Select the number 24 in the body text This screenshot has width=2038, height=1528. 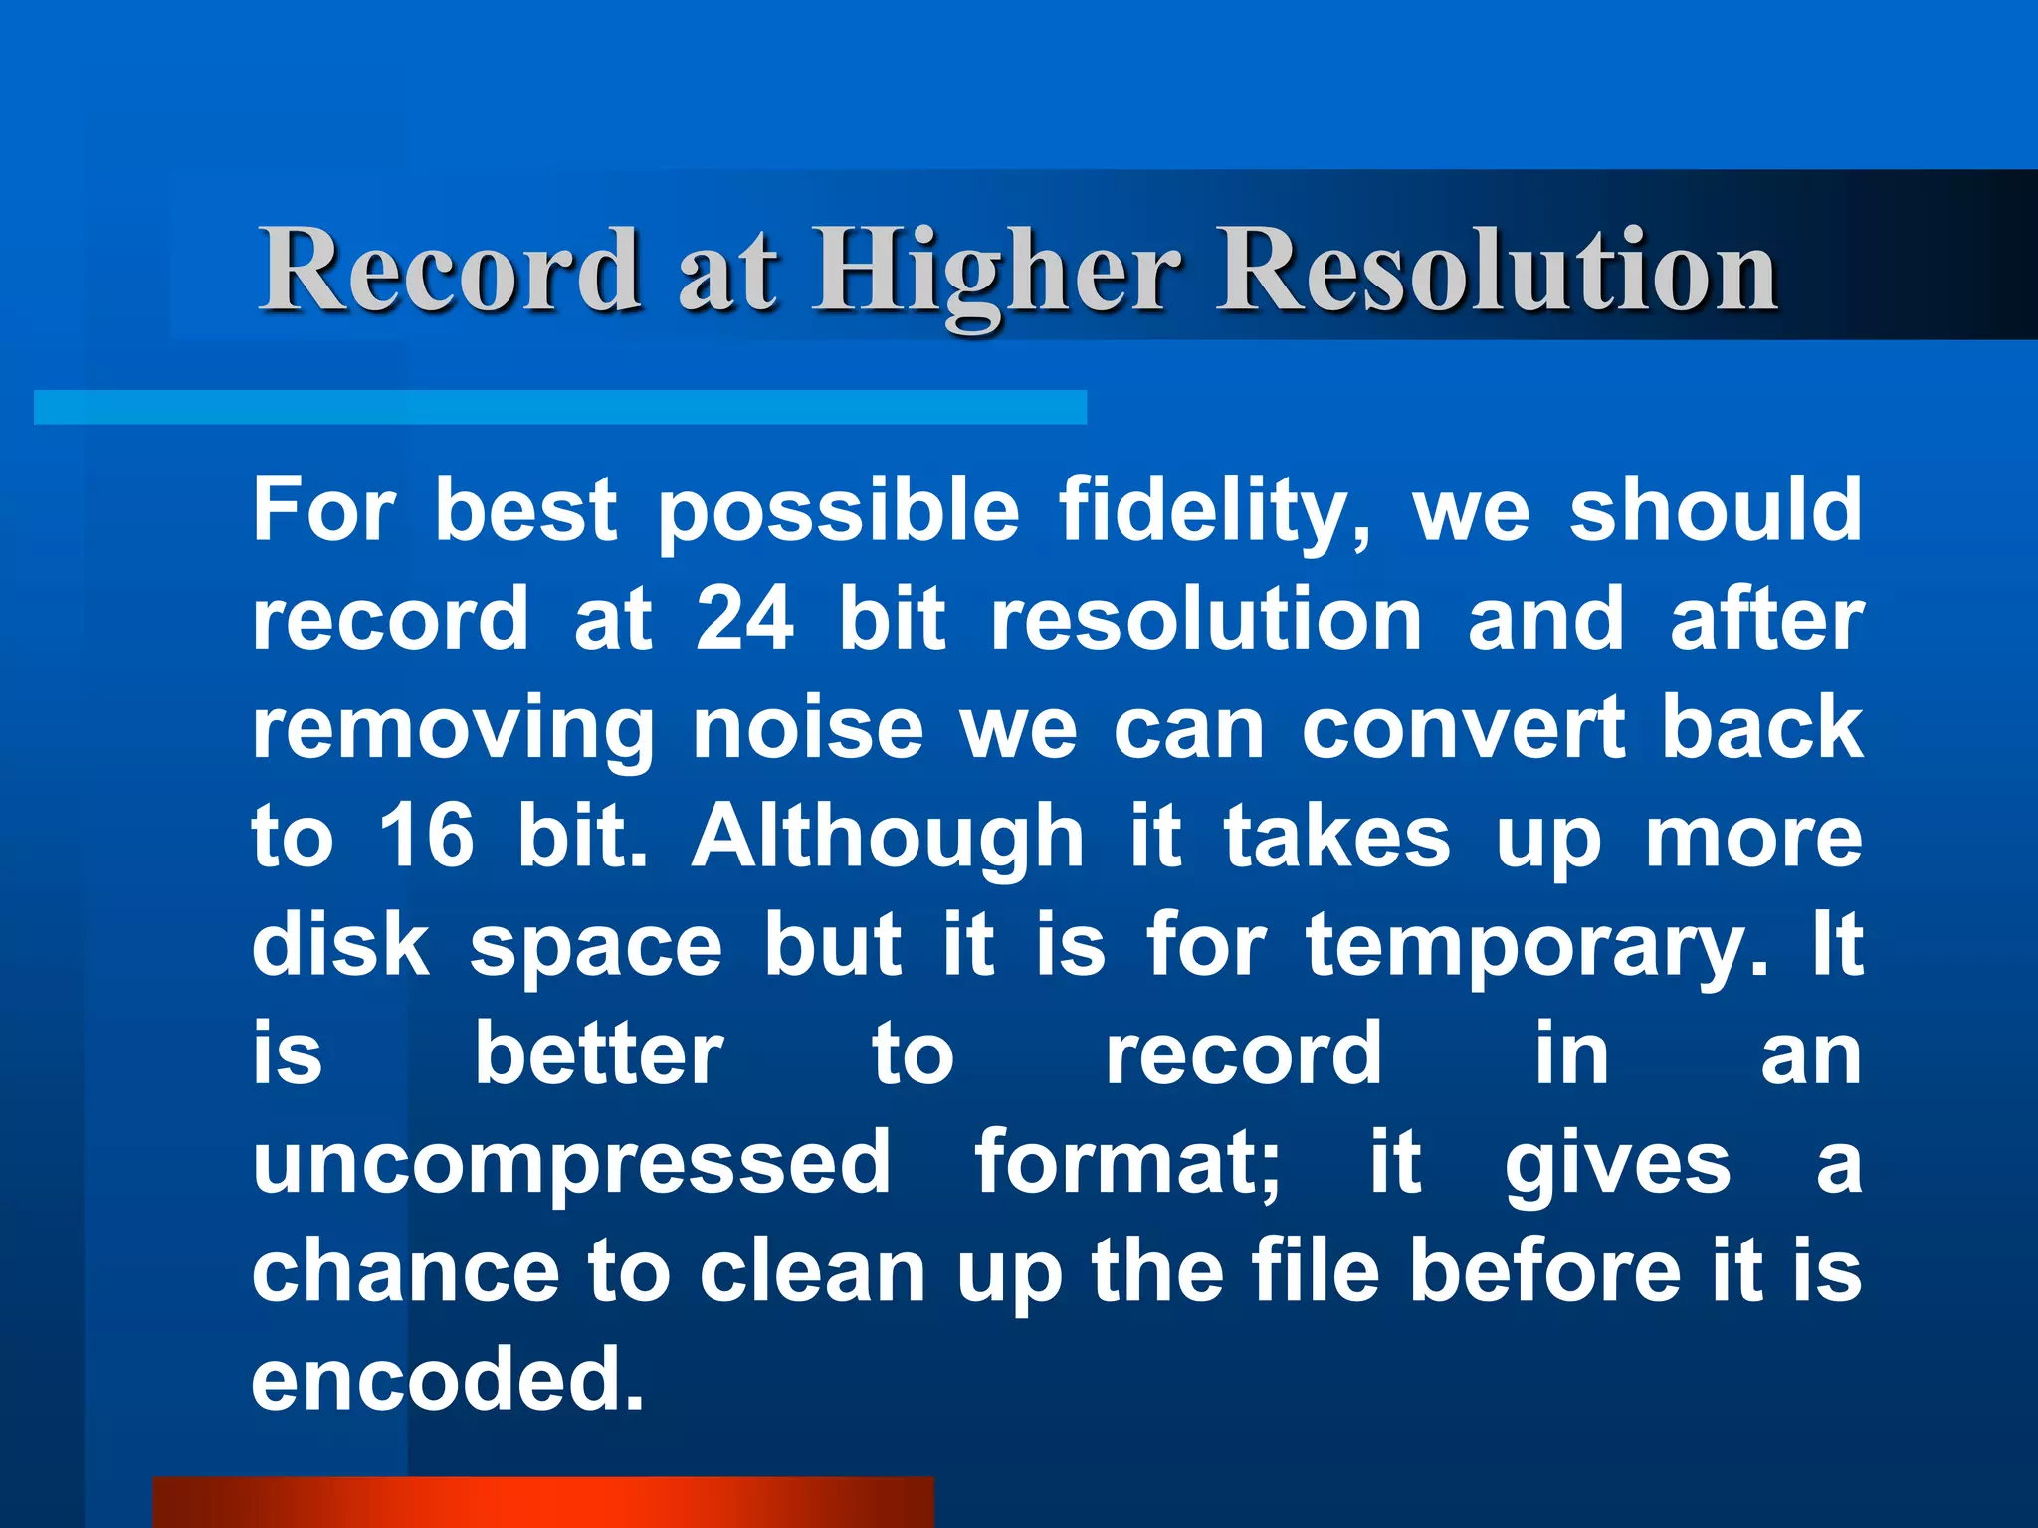click(x=744, y=619)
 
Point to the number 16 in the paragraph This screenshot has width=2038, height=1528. click(x=426, y=836)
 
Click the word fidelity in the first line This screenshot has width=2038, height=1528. click(x=1214, y=511)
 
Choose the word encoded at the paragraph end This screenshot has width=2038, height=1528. click(x=448, y=1379)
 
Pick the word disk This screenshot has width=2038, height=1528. click(x=340, y=945)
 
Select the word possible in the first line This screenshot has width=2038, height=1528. click(x=838, y=511)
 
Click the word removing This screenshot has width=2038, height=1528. click(x=454, y=730)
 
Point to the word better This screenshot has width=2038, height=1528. click(x=599, y=1054)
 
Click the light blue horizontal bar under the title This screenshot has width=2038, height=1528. click(x=559, y=407)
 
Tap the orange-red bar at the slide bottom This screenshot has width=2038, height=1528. click(x=543, y=1502)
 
